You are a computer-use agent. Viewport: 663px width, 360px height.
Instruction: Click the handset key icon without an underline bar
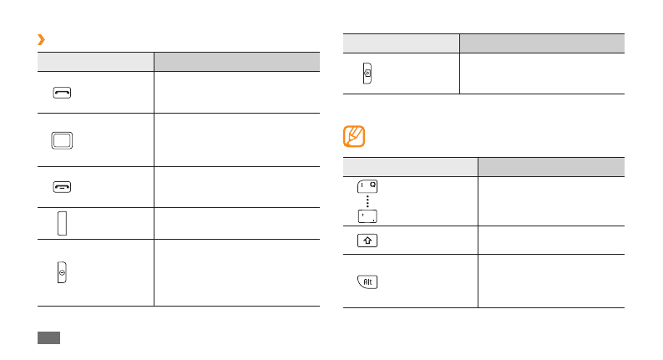(62, 93)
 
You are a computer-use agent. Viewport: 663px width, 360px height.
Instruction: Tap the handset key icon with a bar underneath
(62, 187)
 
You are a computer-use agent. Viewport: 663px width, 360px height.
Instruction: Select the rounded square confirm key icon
(62, 139)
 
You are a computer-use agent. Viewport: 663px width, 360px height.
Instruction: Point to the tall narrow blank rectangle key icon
(62, 223)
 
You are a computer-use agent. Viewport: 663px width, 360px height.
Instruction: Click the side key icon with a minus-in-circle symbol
(62, 273)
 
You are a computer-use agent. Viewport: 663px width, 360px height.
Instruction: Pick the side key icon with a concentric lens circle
(367, 74)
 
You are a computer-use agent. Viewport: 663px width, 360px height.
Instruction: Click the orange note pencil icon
(354, 136)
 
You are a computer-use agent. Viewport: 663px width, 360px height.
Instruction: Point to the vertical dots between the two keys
(367, 203)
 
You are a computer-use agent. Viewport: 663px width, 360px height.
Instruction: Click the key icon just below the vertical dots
(367, 217)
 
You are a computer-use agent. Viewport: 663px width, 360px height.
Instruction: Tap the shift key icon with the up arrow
(367, 241)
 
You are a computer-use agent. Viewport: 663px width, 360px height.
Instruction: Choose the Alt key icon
(367, 281)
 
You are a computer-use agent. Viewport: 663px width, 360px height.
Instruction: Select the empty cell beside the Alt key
(550, 281)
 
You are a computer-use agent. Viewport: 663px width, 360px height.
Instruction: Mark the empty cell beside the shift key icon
(550, 241)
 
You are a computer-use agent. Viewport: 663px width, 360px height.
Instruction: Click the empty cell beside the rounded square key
(236, 139)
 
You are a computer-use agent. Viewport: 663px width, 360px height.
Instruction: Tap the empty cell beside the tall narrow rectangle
(236, 223)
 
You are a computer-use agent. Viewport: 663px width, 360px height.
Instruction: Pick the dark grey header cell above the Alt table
(550, 166)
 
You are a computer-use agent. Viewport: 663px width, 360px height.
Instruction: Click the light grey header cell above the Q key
(410, 166)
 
